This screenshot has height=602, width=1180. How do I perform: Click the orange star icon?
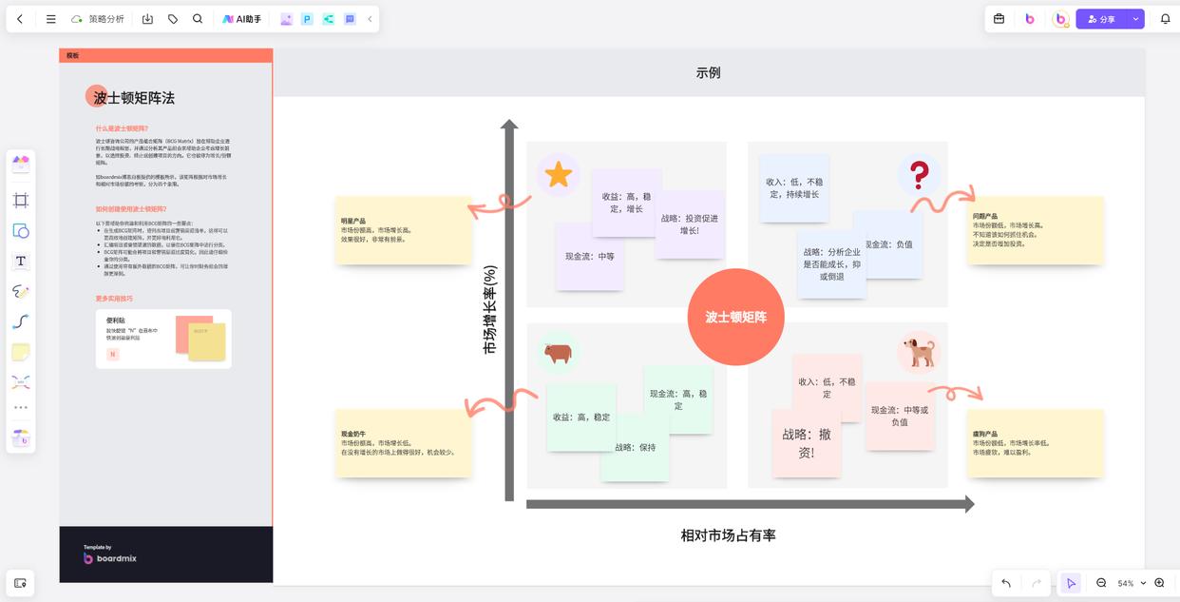point(559,174)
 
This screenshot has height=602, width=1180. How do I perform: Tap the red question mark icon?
point(919,174)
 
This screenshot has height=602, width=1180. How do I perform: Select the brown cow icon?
point(558,354)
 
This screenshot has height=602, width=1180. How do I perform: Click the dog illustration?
point(919,352)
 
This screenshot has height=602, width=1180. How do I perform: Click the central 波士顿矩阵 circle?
point(735,317)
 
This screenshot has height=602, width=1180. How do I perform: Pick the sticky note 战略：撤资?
point(806,443)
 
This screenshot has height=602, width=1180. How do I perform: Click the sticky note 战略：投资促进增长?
point(690,224)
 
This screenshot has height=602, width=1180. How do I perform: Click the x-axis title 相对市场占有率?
point(728,535)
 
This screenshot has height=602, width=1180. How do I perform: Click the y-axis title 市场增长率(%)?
point(490,310)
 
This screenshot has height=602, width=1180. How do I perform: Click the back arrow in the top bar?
point(20,19)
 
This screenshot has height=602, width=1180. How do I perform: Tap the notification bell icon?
point(1165,19)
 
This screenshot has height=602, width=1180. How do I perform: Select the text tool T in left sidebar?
point(21,261)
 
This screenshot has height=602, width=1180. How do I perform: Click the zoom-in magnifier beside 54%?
point(1159,583)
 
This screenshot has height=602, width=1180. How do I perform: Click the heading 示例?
point(708,72)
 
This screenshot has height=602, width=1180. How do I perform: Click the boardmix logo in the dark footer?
point(110,557)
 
